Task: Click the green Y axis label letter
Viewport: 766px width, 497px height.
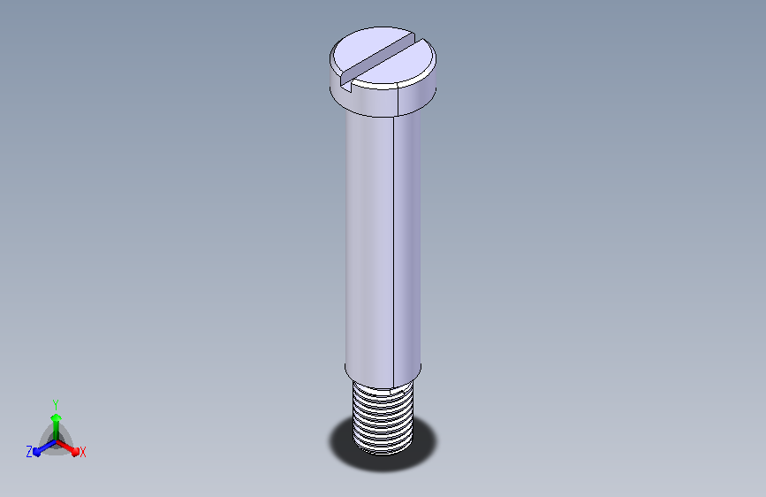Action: coord(56,404)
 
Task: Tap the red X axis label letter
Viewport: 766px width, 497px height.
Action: coord(82,453)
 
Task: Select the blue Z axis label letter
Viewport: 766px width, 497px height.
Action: coord(29,452)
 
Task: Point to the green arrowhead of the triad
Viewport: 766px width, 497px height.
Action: coord(56,417)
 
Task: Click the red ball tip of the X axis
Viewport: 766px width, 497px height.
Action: coord(75,452)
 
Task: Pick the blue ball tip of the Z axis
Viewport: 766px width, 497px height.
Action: coord(37,452)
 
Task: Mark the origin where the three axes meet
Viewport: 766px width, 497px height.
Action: coord(56,441)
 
